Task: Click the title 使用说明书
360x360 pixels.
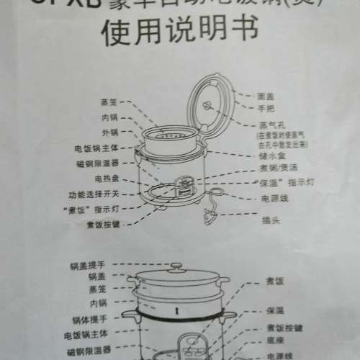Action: pos(180,34)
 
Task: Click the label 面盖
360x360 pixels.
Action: pos(265,95)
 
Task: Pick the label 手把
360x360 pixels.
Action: pos(265,108)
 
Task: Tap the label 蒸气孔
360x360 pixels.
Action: pos(268,123)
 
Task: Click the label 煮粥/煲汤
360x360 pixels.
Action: pos(274,166)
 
